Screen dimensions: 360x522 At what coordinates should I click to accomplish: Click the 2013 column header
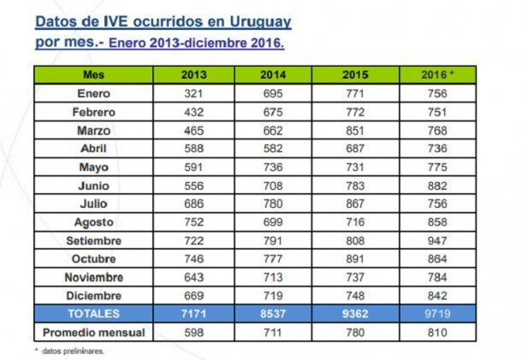pos(194,75)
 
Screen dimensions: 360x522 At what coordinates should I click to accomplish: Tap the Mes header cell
pos(95,75)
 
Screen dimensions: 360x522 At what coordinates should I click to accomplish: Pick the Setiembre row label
pos(95,241)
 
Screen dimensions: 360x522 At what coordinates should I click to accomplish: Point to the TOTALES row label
pos(95,314)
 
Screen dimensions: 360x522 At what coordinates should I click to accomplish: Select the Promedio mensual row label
pos(95,332)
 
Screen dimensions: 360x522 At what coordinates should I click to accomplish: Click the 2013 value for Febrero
pos(194,111)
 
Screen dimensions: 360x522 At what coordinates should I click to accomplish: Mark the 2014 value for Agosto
pos(274,222)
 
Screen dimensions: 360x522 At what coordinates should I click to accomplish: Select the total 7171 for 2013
pos(194,314)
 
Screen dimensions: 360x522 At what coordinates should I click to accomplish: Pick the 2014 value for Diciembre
pos(274,296)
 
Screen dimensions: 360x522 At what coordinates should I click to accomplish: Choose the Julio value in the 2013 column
pos(194,204)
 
